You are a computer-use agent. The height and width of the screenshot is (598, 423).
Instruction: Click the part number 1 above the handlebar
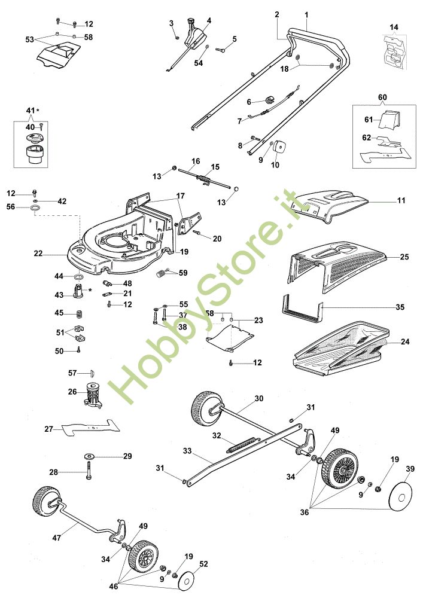[306, 14]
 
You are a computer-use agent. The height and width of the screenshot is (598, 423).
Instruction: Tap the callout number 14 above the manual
[393, 28]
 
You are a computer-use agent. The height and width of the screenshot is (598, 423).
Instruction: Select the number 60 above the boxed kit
[383, 96]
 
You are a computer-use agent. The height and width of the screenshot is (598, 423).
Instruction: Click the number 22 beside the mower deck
[38, 254]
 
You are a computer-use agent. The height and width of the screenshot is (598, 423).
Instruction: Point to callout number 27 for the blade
[49, 428]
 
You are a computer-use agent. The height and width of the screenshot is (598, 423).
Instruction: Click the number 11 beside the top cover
[401, 201]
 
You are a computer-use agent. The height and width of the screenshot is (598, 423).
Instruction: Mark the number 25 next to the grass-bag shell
[404, 257]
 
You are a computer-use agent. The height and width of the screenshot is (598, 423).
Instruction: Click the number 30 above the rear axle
[259, 398]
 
